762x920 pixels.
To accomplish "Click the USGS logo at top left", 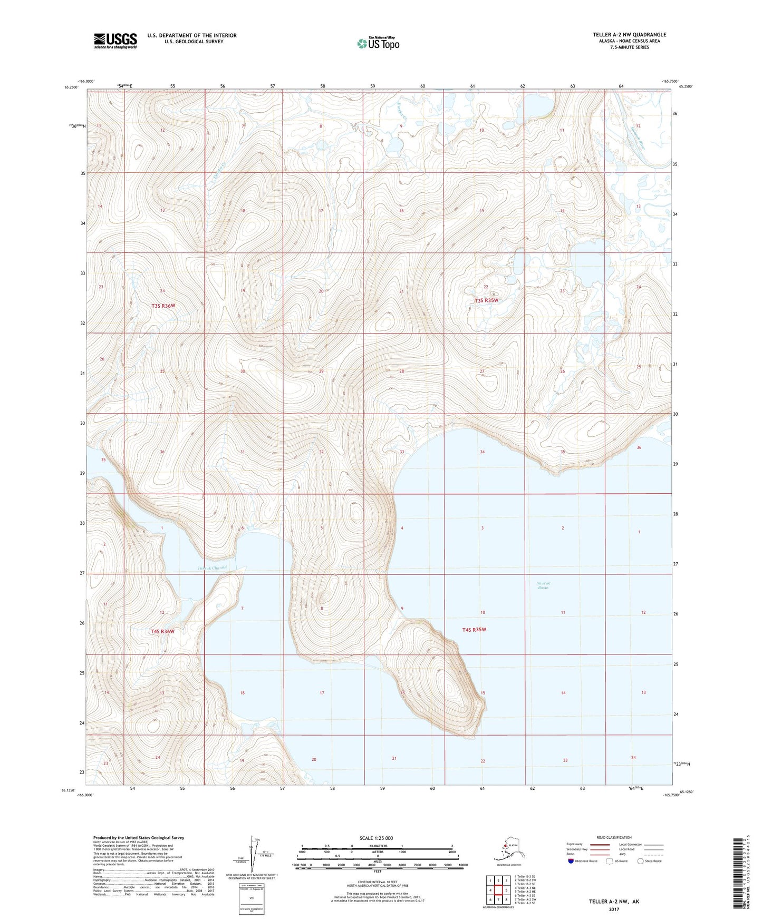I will [x=115, y=40].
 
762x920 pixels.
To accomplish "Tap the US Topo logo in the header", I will [x=378, y=43].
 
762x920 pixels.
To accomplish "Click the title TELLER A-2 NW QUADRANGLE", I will [x=629, y=35].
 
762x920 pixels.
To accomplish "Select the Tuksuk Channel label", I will [x=212, y=568].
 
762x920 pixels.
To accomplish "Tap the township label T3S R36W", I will [x=163, y=306].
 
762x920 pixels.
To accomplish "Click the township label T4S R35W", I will [x=474, y=630].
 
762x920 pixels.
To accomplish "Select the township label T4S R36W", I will [x=162, y=631].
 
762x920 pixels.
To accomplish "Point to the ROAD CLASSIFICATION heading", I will [x=614, y=837].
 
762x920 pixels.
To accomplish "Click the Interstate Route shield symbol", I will [x=571, y=861].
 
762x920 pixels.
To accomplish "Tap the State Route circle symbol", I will [x=641, y=861].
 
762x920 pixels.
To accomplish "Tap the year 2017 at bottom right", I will [x=613, y=909].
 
